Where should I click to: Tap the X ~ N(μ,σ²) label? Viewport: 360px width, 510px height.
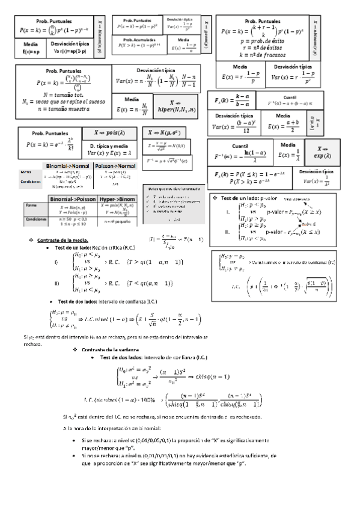tap(166, 132)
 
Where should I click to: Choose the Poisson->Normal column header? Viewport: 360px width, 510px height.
tap(115, 165)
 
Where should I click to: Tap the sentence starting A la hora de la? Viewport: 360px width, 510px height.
tap(111, 428)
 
